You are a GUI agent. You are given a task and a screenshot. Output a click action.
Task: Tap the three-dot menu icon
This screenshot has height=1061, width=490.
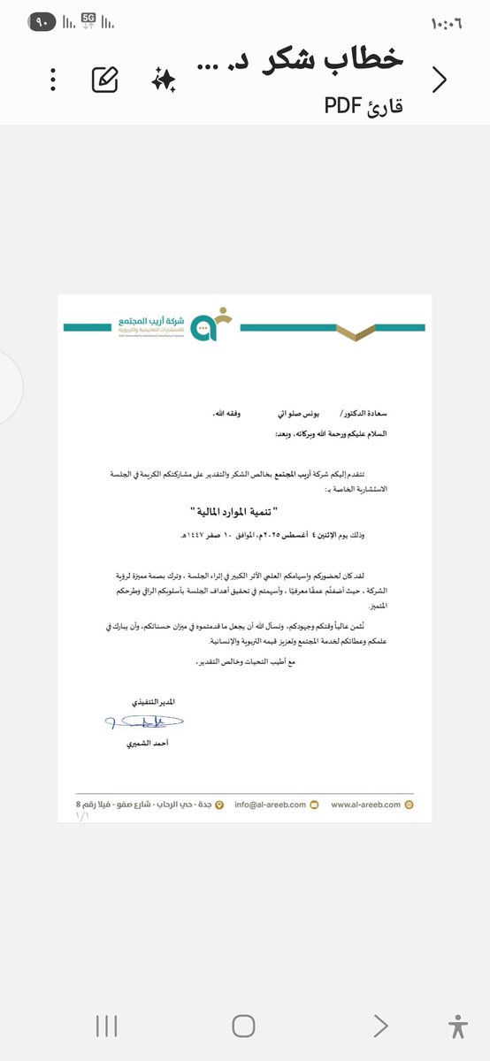point(53,80)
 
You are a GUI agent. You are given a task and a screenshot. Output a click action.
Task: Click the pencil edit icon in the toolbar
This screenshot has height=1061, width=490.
point(105,80)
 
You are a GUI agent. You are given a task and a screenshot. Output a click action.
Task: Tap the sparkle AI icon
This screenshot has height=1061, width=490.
point(164,80)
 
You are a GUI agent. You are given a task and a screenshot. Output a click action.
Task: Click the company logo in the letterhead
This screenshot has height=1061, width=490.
point(211,324)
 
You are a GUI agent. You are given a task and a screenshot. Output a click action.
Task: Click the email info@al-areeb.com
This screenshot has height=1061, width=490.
point(271,805)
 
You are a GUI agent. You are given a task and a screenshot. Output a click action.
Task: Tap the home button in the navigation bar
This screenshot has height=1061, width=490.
point(243,1026)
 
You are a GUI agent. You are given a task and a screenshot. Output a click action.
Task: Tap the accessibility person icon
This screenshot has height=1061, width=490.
point(457,1026)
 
